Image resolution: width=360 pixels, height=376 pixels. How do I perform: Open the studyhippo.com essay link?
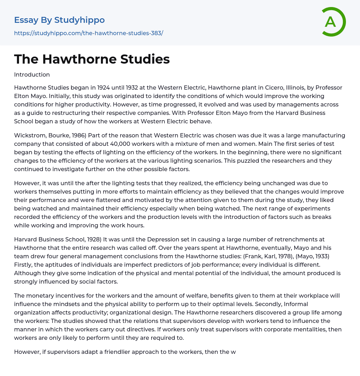[x=89, y=33]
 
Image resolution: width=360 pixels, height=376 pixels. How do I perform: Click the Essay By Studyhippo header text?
[x=59, y=20]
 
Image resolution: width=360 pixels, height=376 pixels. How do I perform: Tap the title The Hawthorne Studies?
[x=92, y=59]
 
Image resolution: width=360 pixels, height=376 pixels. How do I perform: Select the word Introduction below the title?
[x=32, y=74]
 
